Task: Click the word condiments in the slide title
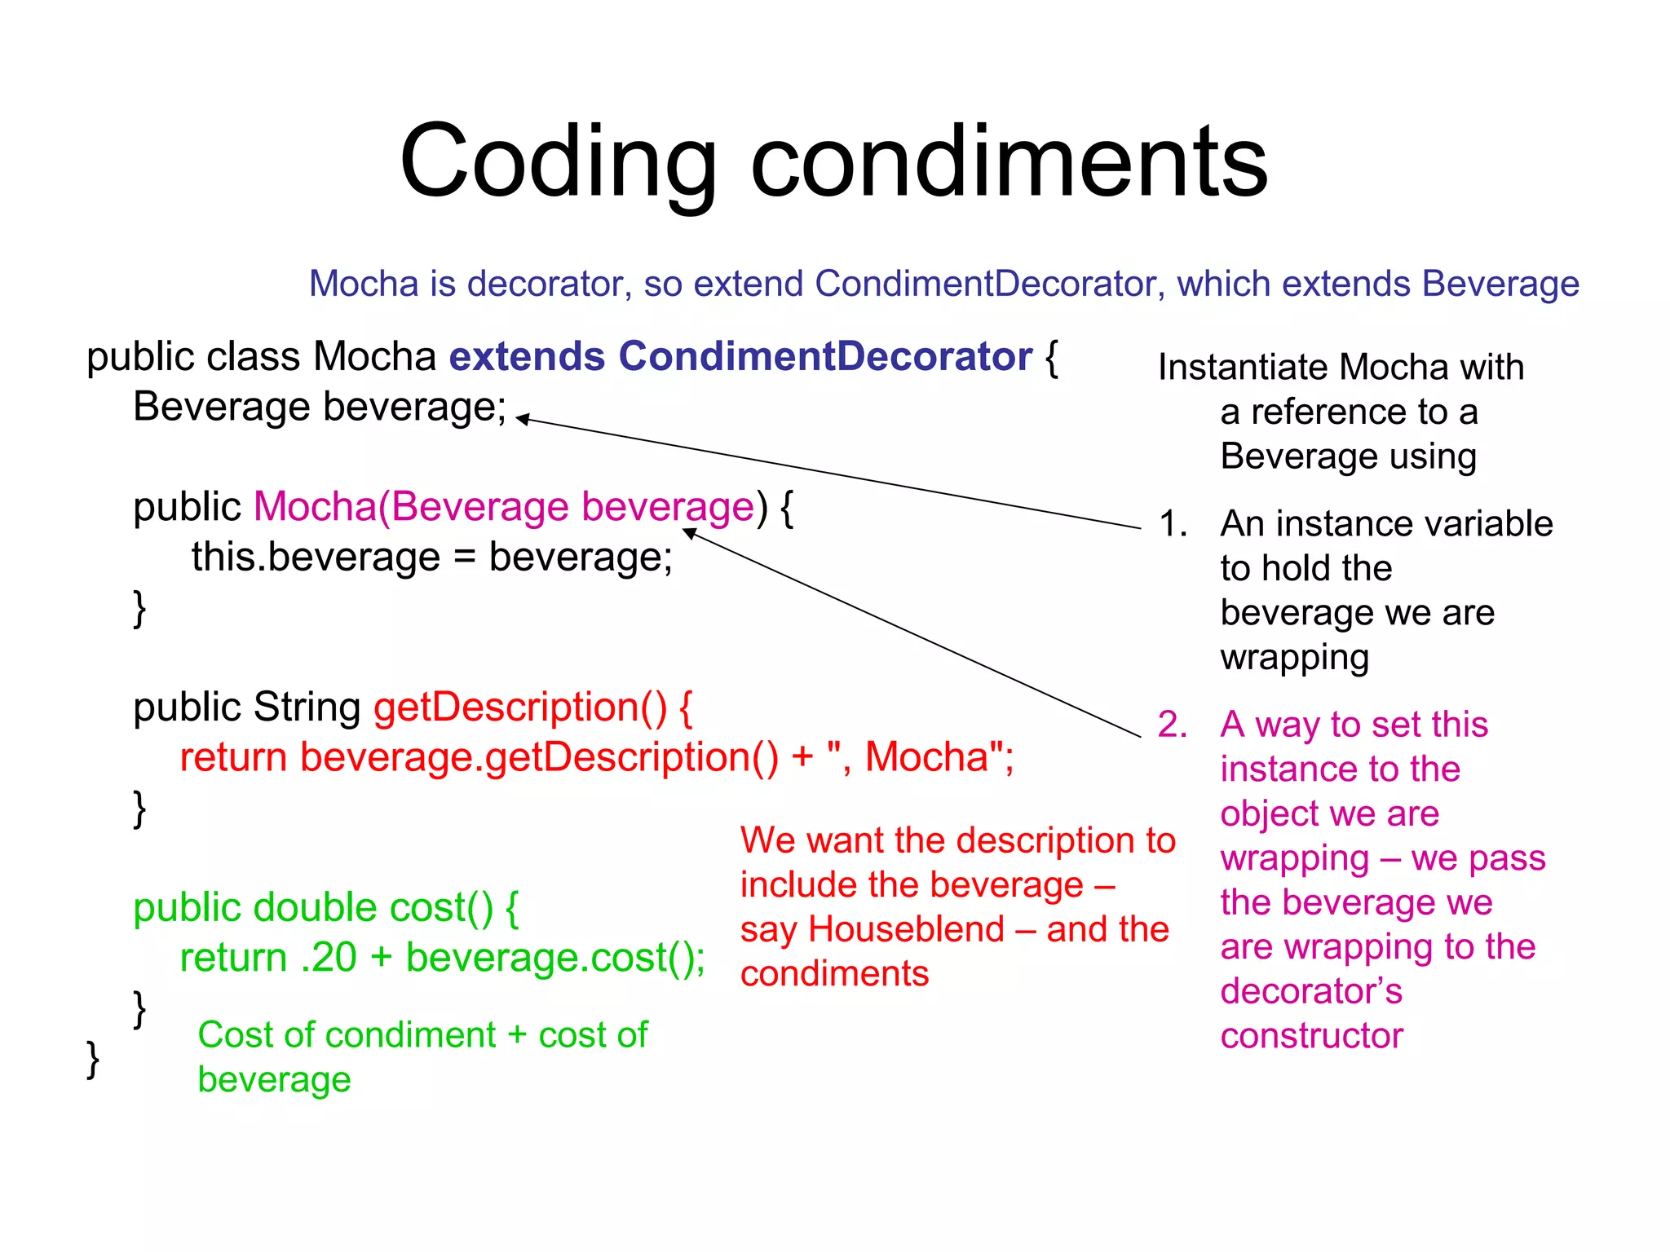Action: [x=1009, y=163]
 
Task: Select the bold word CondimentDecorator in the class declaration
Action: [x=824, y=356]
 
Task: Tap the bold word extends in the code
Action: [x=527, y=356]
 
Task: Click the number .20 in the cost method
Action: [x=329, y=957]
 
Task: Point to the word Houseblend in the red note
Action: [x=906, y=929]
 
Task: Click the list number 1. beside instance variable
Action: [x=1173, y=524]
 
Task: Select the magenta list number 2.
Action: [x=1173, y=725]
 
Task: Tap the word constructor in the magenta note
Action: [x=1311, y=1036]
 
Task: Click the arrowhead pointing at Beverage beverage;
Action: [x=523, y=419]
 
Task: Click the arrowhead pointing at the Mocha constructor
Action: [x=690, y=533]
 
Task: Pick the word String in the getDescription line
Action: [x=307, y=707]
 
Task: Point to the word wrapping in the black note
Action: [x=1294, y=657]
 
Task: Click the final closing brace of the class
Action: [x=93, y=1059]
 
